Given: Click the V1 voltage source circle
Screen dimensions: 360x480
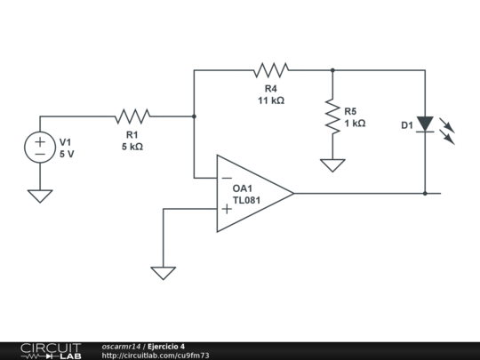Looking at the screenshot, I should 40,148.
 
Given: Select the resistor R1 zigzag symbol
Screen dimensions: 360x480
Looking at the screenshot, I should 132,116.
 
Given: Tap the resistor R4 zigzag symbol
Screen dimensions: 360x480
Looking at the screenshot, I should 271,69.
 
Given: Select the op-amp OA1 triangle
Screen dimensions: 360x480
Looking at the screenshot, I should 253,193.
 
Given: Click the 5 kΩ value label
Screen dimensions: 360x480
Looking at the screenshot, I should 132,147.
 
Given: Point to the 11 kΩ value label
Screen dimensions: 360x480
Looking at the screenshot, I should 271,100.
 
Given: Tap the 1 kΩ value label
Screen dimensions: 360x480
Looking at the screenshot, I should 355,124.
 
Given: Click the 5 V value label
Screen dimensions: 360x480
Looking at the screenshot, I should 68,154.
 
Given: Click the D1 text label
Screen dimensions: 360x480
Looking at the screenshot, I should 406,126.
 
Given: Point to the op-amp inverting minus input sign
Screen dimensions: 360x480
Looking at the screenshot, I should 227,177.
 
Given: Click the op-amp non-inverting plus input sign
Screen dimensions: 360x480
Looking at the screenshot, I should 227,209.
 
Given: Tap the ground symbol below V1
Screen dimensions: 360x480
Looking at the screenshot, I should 40,196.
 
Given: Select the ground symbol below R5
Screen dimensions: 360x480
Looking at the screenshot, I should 332,164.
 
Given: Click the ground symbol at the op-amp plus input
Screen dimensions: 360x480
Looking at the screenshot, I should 163,273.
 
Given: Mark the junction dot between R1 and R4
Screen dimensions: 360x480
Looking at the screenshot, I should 194,116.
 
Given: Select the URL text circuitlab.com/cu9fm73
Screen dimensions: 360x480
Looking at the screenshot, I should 156,356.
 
